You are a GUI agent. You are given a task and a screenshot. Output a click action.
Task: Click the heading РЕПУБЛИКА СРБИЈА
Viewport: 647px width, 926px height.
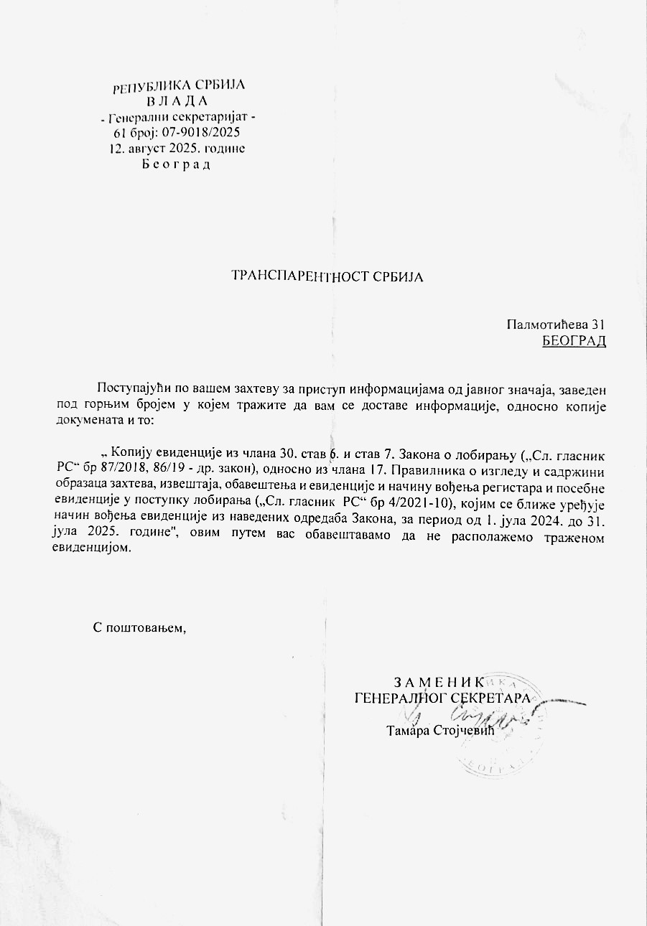pos(179,86)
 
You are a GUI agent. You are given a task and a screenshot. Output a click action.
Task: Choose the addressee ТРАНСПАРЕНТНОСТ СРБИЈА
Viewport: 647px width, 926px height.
pos(327,276)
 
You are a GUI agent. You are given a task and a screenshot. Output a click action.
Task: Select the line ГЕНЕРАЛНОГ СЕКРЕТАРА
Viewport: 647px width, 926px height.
pos(443,697)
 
